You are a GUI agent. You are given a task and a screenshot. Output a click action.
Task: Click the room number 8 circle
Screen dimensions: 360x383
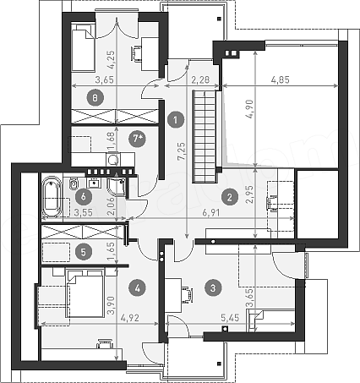(95, 98)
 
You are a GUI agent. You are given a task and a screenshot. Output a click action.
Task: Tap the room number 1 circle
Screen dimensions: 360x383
(176, 120)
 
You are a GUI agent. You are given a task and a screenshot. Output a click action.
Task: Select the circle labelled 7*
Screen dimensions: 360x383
(137, 139)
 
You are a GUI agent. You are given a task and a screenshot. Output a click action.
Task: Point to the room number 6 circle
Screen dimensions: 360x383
(83, 196)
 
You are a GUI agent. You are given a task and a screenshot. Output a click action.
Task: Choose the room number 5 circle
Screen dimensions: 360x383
(84, 252)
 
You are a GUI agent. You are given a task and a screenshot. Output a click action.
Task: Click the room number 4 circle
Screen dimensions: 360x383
(137, 287)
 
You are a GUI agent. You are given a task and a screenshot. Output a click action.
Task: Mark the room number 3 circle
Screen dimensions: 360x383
(213, 287)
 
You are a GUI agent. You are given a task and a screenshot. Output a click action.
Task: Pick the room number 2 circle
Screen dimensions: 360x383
(230, 197)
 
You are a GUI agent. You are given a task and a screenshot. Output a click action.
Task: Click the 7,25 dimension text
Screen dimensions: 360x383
(182, 151)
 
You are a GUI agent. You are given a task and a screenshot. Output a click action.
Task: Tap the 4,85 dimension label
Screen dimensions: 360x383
(281, 79)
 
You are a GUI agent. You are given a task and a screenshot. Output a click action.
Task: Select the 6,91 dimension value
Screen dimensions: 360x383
(210, 213)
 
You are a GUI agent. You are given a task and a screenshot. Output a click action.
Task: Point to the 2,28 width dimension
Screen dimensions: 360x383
(200, 79)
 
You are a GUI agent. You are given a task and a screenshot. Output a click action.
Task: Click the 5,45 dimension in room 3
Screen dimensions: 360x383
(230, 318)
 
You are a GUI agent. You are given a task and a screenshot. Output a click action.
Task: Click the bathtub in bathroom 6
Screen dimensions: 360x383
(52, 197)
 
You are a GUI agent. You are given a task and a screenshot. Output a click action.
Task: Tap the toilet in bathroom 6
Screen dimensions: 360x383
(74, 183)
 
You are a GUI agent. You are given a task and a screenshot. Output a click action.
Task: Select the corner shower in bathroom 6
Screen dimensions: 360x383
(117, 184)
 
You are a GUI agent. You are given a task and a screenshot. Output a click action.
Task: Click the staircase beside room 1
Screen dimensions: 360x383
(205, 136)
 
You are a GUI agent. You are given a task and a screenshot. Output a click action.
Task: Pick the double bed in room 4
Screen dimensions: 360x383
(85, 293)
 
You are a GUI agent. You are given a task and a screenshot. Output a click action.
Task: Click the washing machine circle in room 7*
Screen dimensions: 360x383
(113, 160)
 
